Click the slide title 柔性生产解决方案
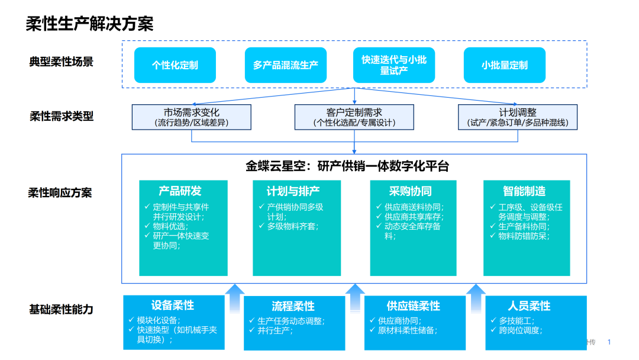tap(89, 24)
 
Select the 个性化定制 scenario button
tap(175, 65)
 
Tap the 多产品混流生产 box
tap(286, 65)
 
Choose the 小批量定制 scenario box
tap(505, 65)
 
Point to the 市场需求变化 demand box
tap(192, 117)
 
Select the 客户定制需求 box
tap(354, 117)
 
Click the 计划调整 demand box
tap(518, 117)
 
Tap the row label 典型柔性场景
tap(62, 62)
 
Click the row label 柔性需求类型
tap(62, 117)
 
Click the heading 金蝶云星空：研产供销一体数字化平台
tap(347, 166)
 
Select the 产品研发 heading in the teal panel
tap(180, 191)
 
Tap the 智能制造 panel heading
tap(524, 191)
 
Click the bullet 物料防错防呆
tap(523, 236)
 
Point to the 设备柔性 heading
tap(173, 306)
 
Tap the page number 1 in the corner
tap(609, 342)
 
